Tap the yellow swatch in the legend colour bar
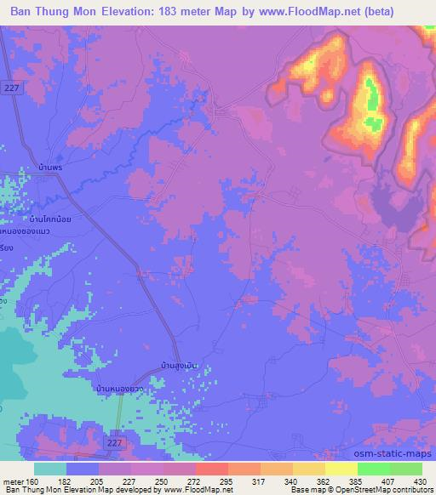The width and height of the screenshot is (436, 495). point(341,468)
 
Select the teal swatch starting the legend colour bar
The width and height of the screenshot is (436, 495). point(50,468)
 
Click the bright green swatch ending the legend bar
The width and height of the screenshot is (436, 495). point(405,468)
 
